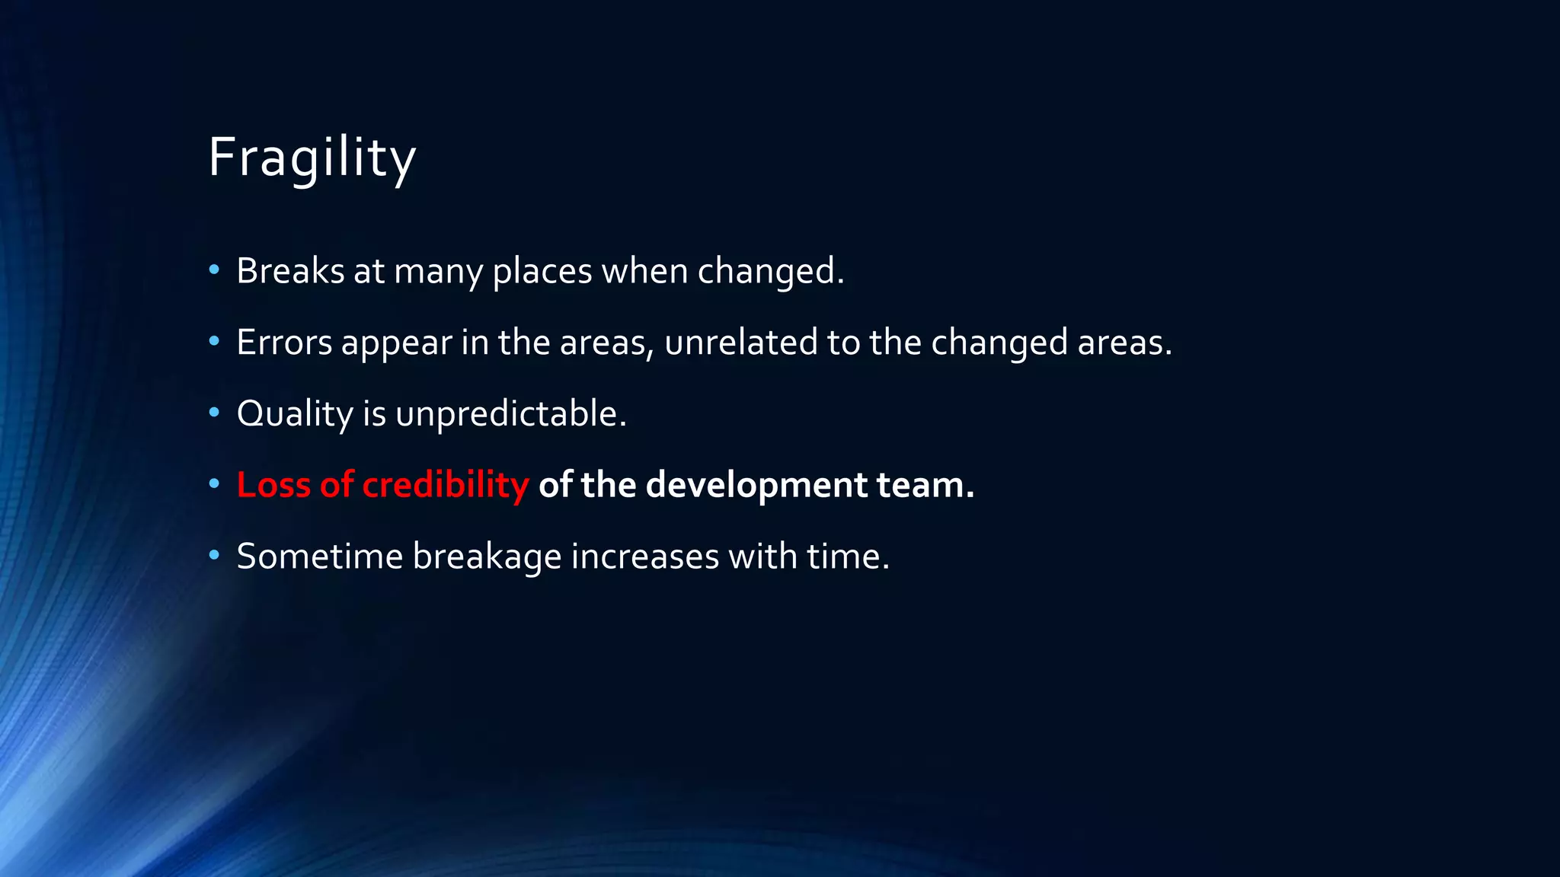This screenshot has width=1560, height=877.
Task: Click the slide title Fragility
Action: coord(312,158)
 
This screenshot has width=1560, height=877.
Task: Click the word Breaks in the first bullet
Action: coord(290,271)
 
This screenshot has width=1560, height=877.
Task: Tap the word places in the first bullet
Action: coord(542,271)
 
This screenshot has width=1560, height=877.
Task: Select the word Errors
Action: coord(284,342)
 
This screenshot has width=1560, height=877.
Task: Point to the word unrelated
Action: coord(740,342)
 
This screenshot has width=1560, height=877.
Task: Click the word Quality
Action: coord(295,414)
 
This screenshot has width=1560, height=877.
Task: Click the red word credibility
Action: coord(445,485)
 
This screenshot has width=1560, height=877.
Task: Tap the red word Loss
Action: coord(273,485)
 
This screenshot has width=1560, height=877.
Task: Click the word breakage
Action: coord(487,556)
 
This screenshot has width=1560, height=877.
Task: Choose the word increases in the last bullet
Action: coord(644,556)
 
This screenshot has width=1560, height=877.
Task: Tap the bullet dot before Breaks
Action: coord(214,269)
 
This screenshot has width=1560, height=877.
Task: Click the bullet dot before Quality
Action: coord(214,413)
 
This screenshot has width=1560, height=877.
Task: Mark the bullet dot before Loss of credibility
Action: coord(214,483)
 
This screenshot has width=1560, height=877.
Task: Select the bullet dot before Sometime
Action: coord(214,555)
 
